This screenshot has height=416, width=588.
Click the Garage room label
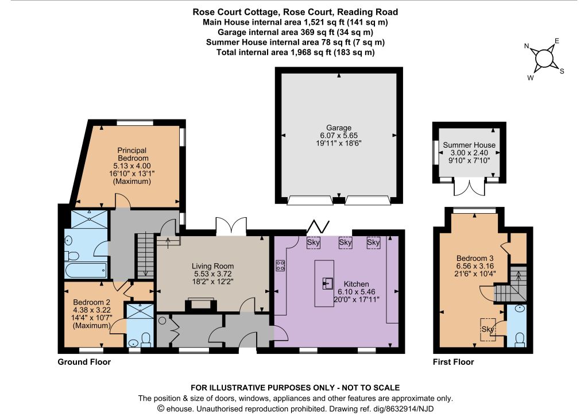[339, 128]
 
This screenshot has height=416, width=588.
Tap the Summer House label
[469, 145]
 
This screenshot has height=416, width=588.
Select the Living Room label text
[212, 266]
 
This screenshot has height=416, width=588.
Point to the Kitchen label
[356, 284]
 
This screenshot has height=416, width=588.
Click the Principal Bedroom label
[133, 154]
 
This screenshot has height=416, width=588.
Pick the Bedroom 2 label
[91, 302]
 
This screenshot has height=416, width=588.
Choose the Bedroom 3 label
[475, 258]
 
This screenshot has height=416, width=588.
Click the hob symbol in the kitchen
[280, 265]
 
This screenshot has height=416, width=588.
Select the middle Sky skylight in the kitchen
[345, 242]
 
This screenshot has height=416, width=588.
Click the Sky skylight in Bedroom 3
[488, 329]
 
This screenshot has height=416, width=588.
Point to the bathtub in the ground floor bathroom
[86, 270]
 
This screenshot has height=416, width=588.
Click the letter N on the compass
[527, 46]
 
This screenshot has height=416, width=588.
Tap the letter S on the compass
[562, 71]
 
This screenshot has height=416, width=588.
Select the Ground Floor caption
[84, 362]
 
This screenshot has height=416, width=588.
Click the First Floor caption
[454, 362]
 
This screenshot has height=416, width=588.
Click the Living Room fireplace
[202, 303]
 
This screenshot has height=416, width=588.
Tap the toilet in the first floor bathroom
[519, 339]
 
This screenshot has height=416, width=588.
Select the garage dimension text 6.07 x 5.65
[339, 136]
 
